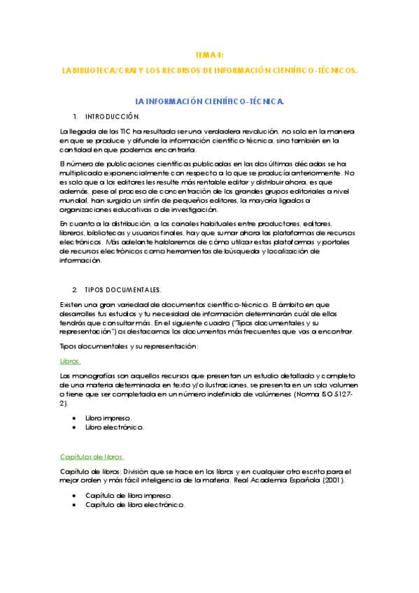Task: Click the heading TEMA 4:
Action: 209,55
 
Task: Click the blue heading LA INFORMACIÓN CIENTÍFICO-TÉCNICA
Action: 209,101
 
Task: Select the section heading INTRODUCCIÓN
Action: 113,116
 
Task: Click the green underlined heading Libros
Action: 70,362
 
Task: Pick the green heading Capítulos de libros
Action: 92,457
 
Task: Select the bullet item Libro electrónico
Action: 115,427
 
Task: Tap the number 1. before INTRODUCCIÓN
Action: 76,116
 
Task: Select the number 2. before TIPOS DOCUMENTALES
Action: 76,290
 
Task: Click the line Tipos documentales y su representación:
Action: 129,347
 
